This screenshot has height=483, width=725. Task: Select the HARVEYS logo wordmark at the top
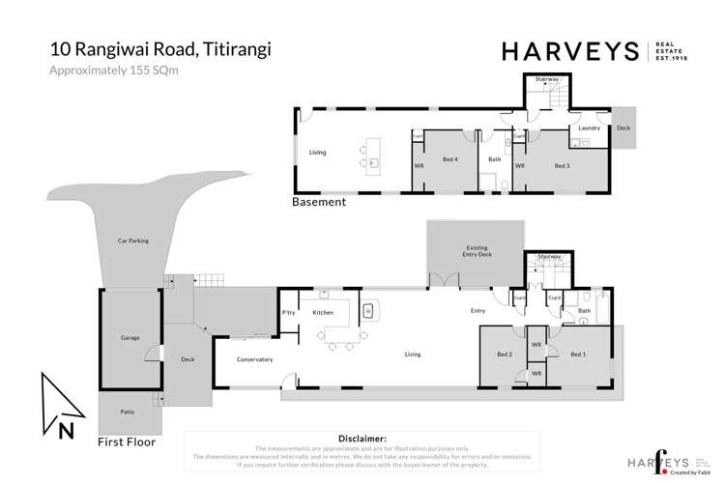point(569,52)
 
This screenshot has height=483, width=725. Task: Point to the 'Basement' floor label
point(318,203)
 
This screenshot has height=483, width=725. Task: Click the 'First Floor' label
point(127,441)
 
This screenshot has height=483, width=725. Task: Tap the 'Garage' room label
point(130,338)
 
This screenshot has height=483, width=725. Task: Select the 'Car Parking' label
point(132,241)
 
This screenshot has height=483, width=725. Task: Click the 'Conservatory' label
point(255,359)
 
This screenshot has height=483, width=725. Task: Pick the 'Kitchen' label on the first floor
point(323,312)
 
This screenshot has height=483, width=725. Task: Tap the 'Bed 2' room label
point(505,355)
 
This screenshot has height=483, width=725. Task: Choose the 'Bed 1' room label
point(578,355)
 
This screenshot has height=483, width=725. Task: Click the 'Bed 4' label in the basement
point(449,159)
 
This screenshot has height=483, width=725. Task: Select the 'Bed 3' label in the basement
point(562,165)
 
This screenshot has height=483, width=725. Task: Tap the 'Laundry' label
point(589,128)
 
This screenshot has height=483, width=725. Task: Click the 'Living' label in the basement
point(317,153)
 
